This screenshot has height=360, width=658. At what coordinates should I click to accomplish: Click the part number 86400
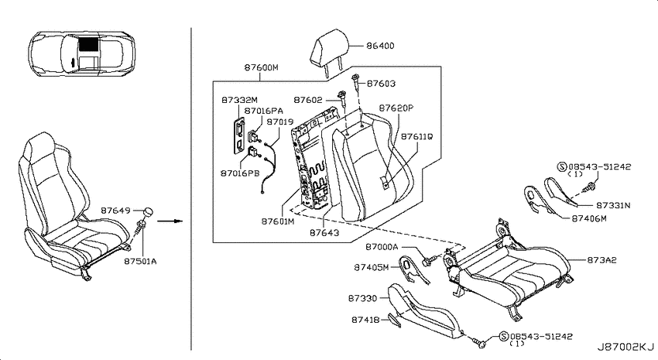(x=380, y=46)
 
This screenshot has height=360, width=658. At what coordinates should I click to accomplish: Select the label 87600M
(x=262, y=67)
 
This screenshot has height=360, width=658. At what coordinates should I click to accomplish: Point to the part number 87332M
(x=240, y=101)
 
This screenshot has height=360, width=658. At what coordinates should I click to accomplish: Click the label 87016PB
(x=240, y=173)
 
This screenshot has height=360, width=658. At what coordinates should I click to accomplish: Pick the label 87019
(x=280, y=122)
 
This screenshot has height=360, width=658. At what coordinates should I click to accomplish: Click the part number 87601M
(x=278, y=221)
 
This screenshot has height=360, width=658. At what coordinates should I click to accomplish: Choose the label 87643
(x=324, y=232)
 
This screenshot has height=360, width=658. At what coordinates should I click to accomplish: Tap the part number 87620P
(x=396, y=108)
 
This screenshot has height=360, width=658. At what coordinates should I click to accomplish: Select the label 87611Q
(x=417, y=137)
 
